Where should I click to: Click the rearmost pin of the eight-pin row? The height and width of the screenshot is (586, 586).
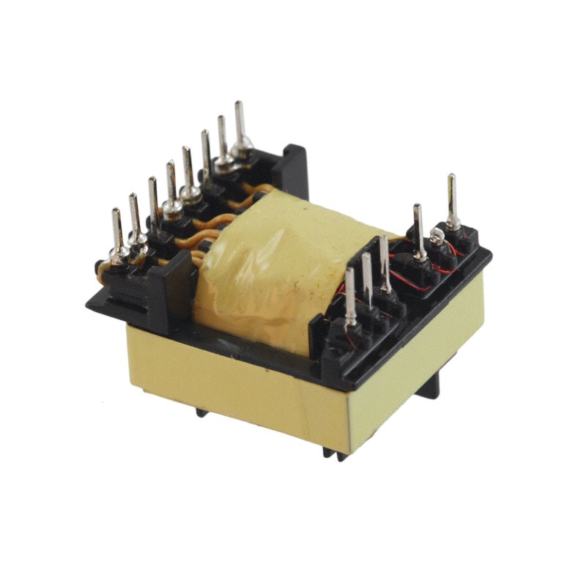(x=239, y=125)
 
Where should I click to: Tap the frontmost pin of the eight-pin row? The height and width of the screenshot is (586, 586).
(x=117, y=231)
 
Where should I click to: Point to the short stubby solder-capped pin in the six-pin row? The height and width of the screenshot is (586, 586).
(x=437, y=236)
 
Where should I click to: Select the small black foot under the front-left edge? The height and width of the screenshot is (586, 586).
(x=201, y=412)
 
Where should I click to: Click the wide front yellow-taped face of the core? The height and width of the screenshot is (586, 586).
(x=234, y=381)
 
